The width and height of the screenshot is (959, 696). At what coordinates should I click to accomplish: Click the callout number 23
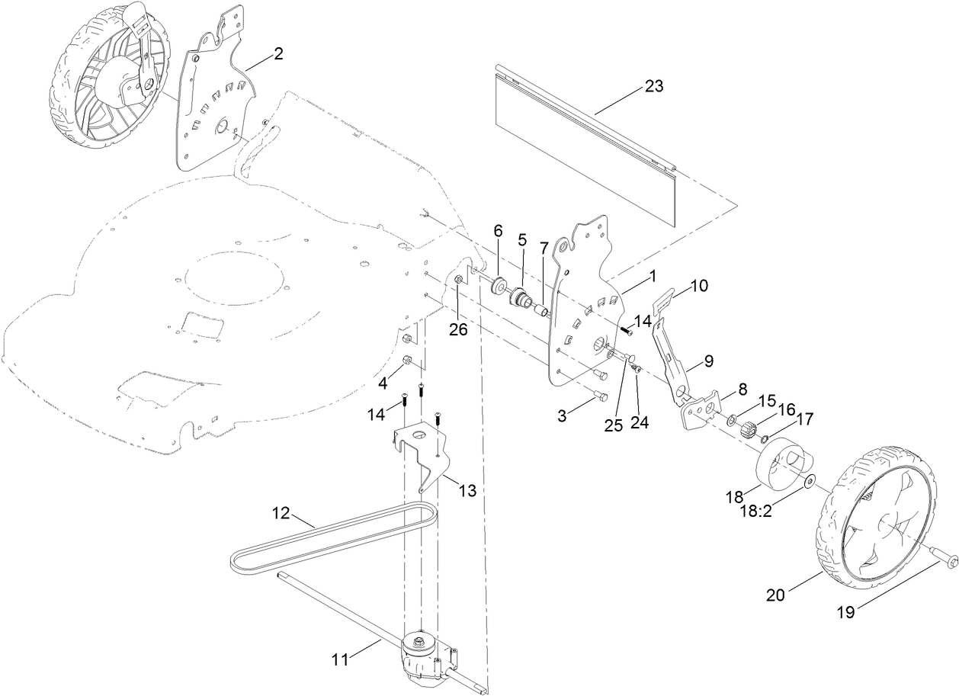tap(654, 86)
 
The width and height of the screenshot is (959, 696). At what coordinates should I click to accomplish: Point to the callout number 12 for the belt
tap(281, 513)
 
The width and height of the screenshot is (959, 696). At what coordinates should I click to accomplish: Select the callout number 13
tap(467, 491)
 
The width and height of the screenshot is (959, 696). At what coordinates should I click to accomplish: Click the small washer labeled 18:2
tap(809, 481)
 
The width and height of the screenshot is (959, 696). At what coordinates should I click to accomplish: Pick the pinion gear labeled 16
tap(747, 431)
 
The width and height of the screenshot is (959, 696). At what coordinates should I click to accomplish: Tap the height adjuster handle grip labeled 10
tap(669, 298)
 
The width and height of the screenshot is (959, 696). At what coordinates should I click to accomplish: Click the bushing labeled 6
tap(498, 286)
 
